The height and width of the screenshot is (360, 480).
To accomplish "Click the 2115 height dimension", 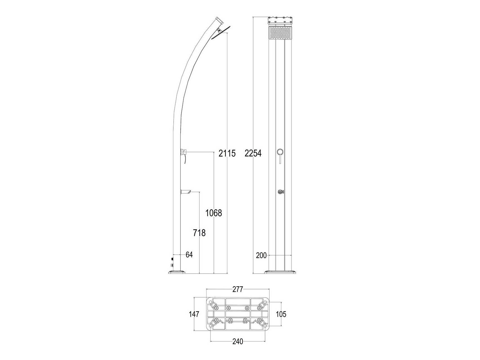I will pos(227,153).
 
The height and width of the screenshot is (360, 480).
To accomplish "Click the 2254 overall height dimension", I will pos(253,153).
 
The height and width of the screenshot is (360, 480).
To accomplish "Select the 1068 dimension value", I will pos(214,213).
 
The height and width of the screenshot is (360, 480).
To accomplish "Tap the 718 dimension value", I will pos(199,233).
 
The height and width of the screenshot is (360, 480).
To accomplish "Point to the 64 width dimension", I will pos(189,255).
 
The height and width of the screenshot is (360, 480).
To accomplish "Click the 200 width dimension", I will pos(261,255).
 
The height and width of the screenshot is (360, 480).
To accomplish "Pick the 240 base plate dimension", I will pos(238,341).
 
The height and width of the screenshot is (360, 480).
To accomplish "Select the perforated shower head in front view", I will pos(280,33).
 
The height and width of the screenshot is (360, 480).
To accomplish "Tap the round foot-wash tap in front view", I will pos(280,192).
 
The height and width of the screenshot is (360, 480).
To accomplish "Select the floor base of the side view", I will pos(177,272).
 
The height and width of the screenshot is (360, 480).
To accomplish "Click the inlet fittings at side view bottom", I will pos(171,262).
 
